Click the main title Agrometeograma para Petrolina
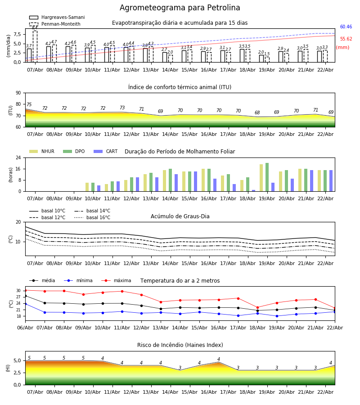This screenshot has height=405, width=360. (180, 8)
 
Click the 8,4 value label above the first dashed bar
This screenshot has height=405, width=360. (35, 28)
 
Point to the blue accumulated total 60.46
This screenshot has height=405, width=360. (346, 27)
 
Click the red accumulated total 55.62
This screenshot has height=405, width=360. (346, 39)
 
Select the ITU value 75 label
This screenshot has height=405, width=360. (29, 105)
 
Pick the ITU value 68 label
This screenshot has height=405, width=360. (257, 113)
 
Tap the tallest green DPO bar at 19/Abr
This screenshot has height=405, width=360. (267, 177)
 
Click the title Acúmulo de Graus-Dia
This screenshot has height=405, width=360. (180, 216)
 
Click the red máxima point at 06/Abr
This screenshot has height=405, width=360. (25, 290)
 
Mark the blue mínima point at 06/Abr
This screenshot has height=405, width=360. (25, 304)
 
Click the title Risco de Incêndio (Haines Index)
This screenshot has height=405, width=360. (180, 345)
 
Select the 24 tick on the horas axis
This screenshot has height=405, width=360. (19, 158)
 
